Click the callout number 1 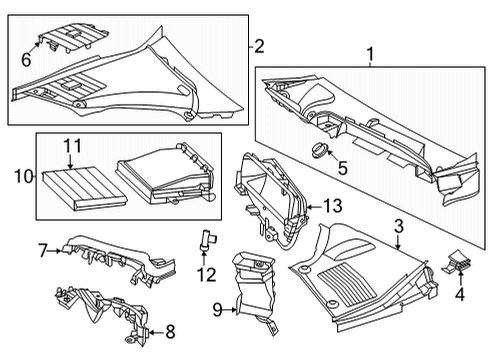tap(370, 54)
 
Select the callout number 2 tap(259, 46)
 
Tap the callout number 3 tap(399, 226)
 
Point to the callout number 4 tap(460, 294)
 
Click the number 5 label tap(343, 168)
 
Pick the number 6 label tap(26, 60)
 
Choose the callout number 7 tap(42, 251)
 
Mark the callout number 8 tap(170, 332)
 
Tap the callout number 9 tap(217, 310)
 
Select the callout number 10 tap(23, 176)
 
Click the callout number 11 tap(72, 146)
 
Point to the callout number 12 tap(206, 275)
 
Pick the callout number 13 tap(333, 206)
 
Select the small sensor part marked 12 tap(207, 240)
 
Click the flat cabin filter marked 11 tap(85, 189)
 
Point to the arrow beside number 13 tap(314, 207)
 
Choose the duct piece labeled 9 tap(254, 291)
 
